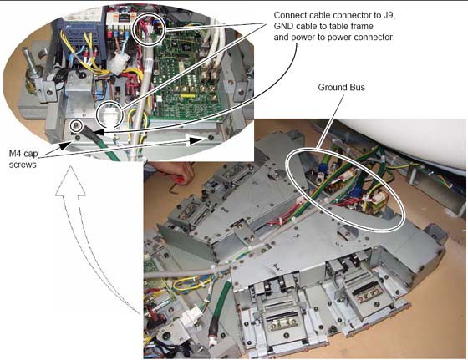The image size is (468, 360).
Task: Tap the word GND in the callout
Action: tap(282, 26)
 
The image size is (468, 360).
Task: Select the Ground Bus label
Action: tap(341, 88)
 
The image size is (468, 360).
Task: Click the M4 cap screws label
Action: tap(23, 159)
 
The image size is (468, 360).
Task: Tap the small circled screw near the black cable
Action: tap(77, 126)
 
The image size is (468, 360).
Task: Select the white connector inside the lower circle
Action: tap(109, 116)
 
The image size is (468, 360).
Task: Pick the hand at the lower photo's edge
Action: tap(176, 171)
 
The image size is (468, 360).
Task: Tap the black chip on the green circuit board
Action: tap(186, 46)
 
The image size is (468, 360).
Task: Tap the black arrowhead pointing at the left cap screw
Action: tap(66, 145)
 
